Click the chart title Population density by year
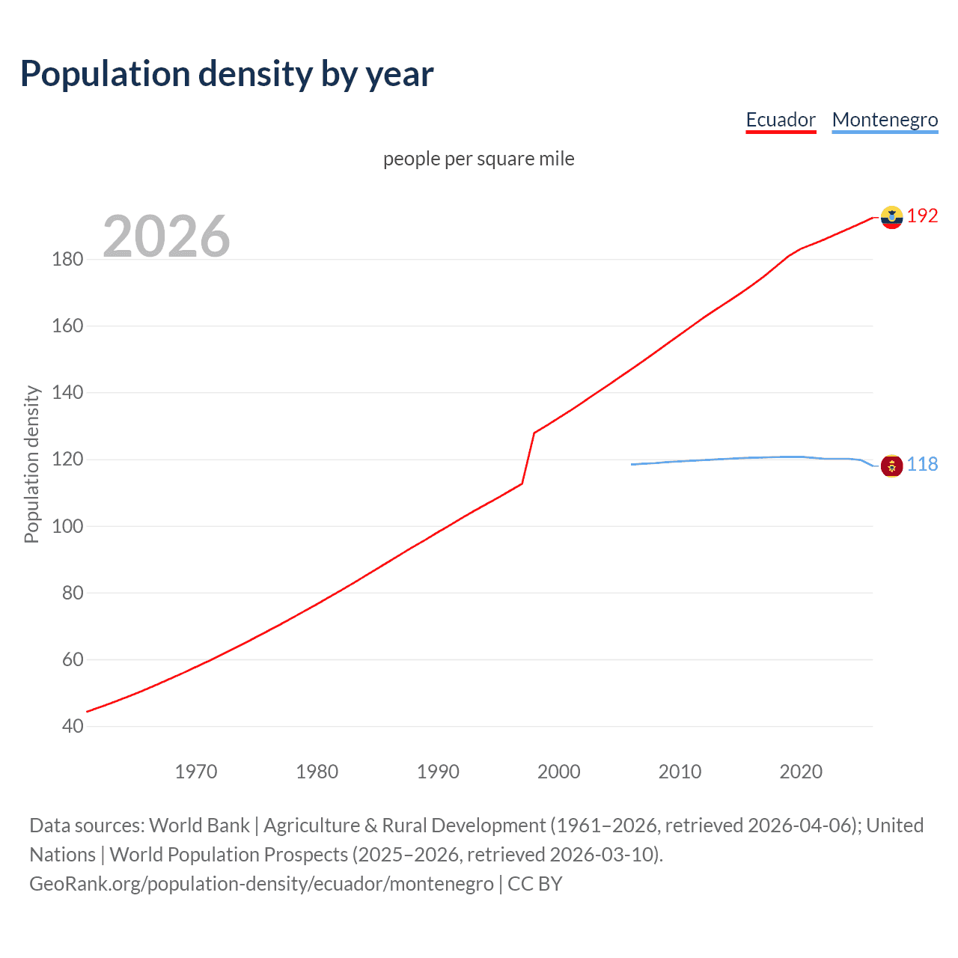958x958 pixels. pos(227,74)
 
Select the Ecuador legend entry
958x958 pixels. pos(781,120)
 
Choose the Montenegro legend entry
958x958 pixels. pos(885,120)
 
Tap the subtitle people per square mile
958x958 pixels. pos(478,159)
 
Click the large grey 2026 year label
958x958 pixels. pos(166,237)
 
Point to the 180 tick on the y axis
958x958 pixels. pos(67,260)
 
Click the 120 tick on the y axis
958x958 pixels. pos(67,460)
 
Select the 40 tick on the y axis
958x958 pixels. pos(73,726)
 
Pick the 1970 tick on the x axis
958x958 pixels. pos(196,772)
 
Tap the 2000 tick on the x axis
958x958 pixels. pos(559,772)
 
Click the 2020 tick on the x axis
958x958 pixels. pos(801,772)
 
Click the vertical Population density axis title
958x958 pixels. pos(31,464)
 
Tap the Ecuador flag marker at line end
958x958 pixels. pos(891,217)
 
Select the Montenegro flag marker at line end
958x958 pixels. pos(891,466)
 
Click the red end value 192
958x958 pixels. pos(922,216)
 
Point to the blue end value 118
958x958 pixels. pos(922,465)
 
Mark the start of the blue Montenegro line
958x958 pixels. pos(632,465)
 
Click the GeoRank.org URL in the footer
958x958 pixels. pos(261,884)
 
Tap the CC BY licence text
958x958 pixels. pos(535,884)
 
